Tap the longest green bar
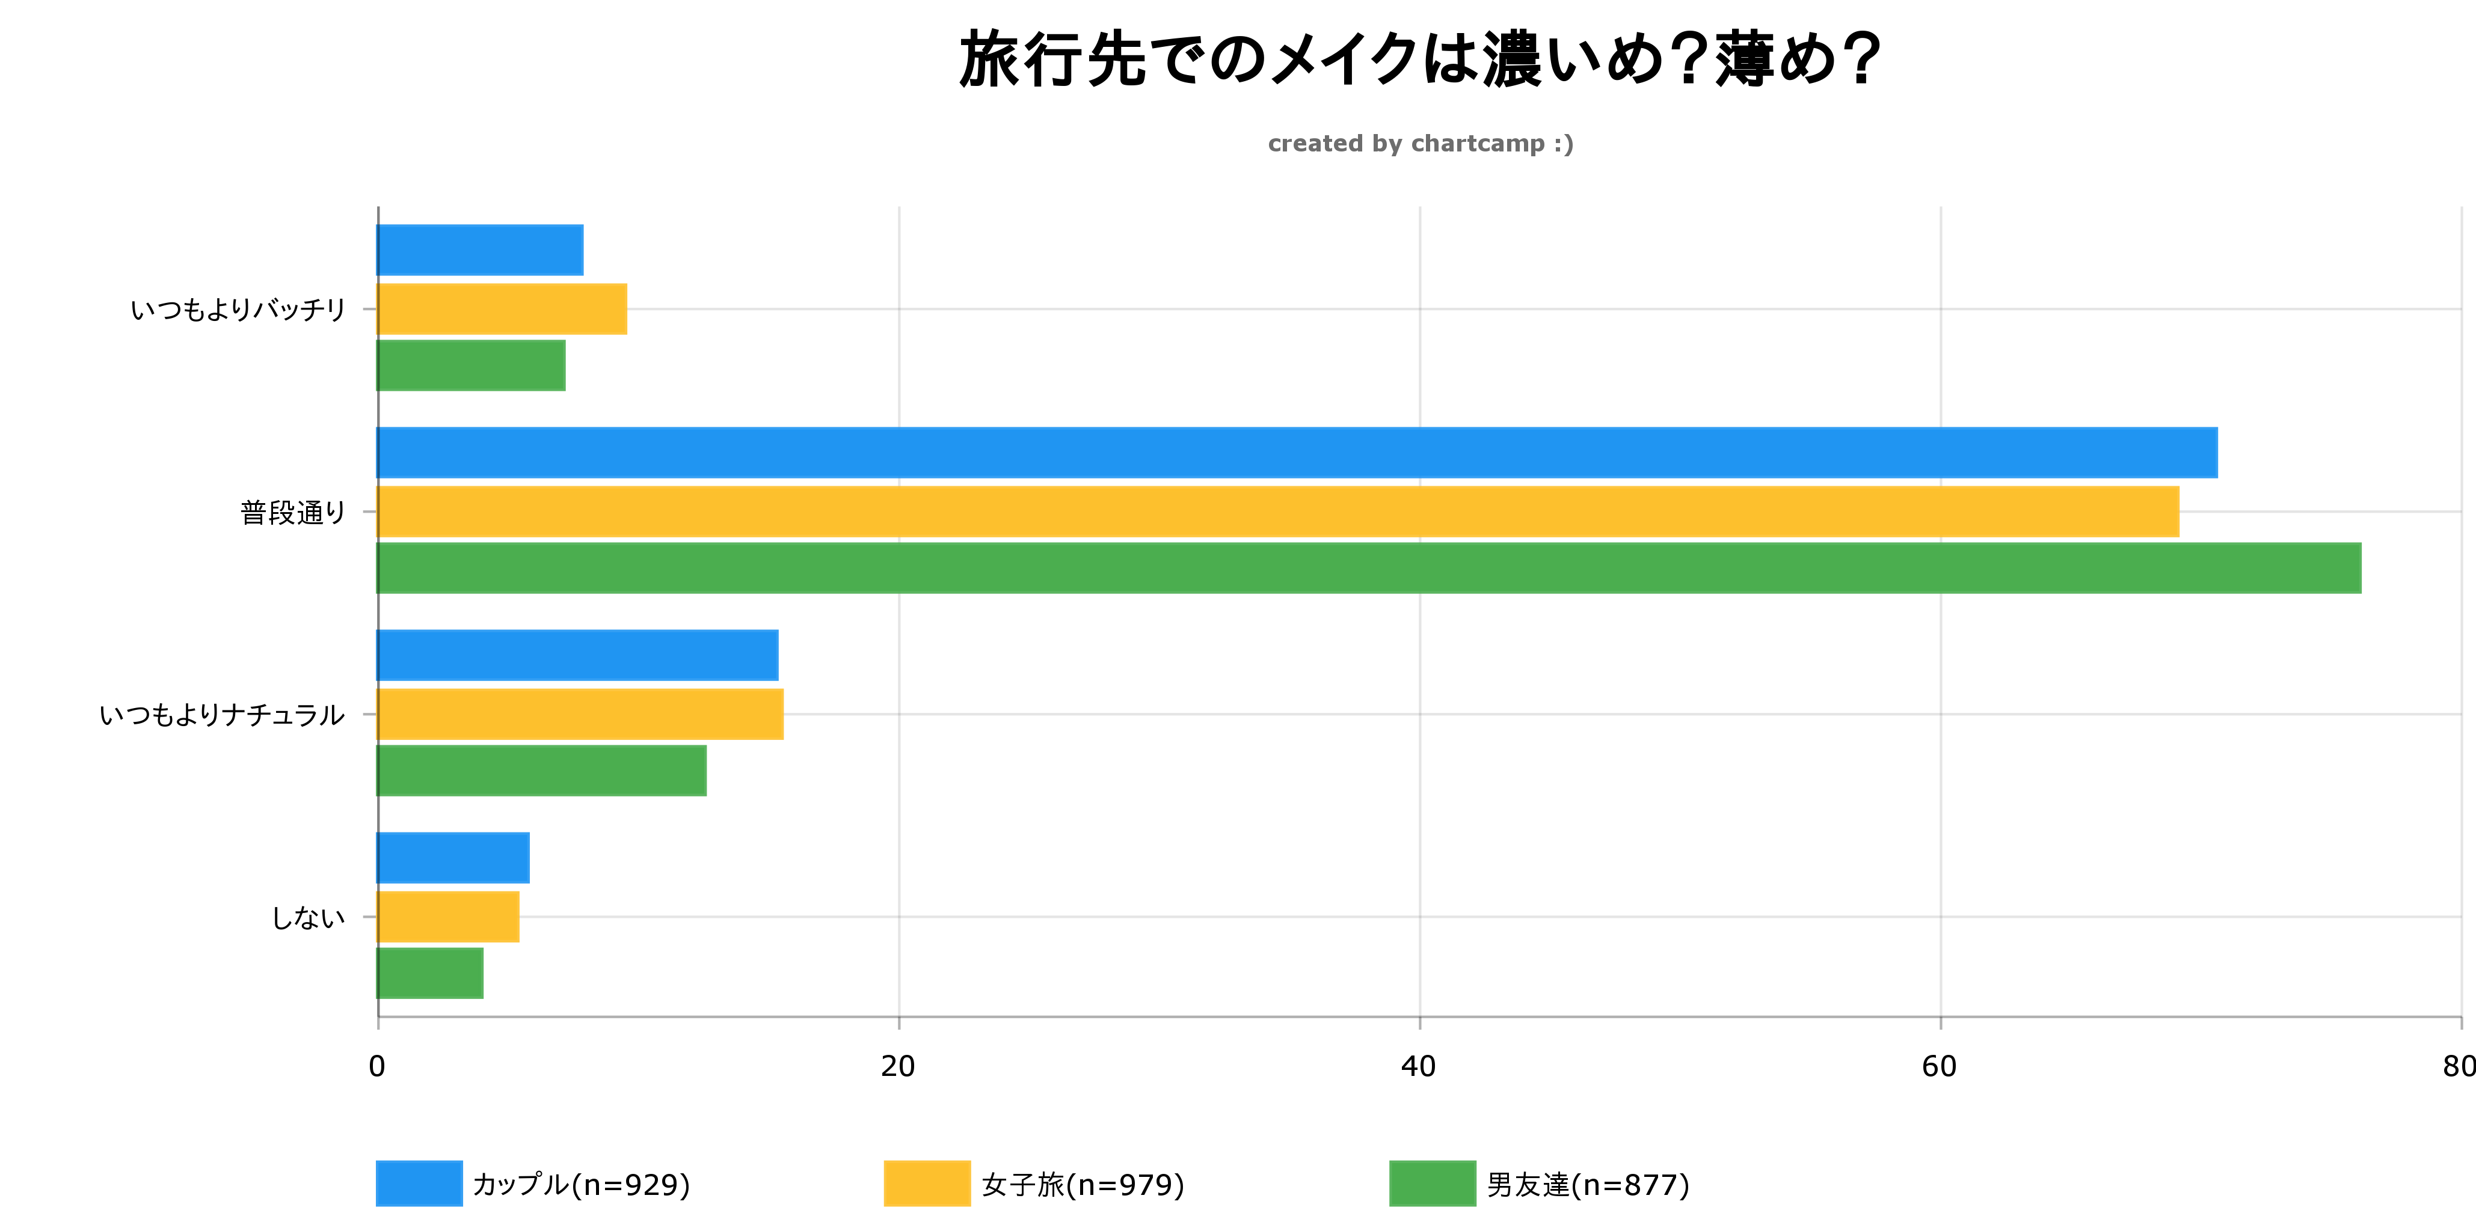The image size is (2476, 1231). [x=1369, y=568]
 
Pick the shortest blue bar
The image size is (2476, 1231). [x=453, y=858]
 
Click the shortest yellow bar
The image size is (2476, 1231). [x=448, y=917]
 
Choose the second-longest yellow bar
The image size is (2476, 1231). [x=580, y=714]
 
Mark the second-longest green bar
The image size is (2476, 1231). [x=541, y=771]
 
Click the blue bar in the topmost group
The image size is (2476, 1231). [x=480, y=250]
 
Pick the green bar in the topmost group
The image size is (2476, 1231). [x=471, y=365]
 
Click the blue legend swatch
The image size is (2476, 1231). [x=418, y=1184]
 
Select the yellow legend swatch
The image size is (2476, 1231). [x=926, y=1184]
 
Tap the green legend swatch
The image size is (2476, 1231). [x=1432, y=1184]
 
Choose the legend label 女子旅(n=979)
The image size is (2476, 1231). [x=1083, y=1185]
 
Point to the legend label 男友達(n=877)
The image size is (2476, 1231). [x=1588, y=1185]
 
